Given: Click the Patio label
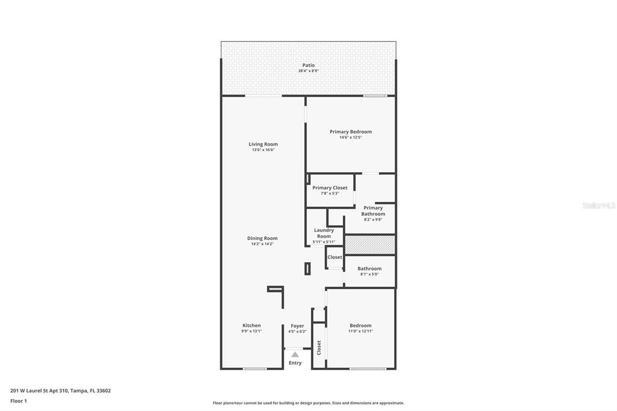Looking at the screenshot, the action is click(x=308, y=65).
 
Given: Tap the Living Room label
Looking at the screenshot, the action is click(x=263, y=144).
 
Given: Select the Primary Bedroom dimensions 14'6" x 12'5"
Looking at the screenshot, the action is click(x=350, y=137).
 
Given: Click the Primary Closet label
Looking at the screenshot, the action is click(x=330, y=188).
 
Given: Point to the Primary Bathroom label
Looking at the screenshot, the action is click(x=373, y=210).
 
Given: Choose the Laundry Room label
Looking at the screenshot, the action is click(x=324, y=233).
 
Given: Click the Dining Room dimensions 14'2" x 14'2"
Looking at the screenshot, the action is click(x=262, y=243).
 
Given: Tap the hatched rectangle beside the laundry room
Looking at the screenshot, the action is click(x=370, y=245).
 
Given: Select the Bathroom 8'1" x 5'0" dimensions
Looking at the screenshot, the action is click(x=369, y=274).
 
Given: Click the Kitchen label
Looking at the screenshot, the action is click(x=251, y=325).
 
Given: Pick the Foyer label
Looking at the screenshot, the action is click(x=297, y=326).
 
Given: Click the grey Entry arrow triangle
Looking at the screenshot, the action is click(x=295, y=354).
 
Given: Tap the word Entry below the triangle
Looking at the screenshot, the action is click(x=295, y=363).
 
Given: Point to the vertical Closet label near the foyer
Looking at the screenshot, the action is click(x=319, y=348).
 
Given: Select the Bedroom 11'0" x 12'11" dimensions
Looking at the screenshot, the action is click(x=360, y=331).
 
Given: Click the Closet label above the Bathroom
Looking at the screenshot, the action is click(x=334, y=257).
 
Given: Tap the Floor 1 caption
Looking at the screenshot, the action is click(x=19, y=401).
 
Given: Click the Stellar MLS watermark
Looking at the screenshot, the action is click(x=598, y=205).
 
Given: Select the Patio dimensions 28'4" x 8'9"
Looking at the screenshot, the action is click(x=308, y=71).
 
